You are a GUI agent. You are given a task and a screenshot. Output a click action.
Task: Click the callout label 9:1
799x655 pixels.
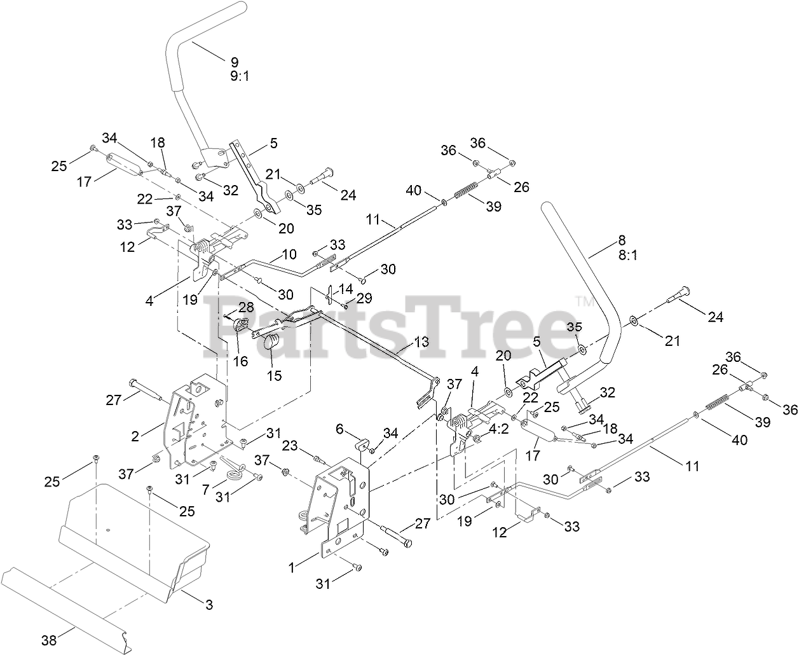[234, 75]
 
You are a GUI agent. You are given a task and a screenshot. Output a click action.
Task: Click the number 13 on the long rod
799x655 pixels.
[421, 341]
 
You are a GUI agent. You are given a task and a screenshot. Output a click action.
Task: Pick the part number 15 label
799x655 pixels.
[274, 375]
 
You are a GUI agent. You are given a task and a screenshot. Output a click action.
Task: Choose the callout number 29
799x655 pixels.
[364, 298]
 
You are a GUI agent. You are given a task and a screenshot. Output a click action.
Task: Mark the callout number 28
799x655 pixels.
[245, 308]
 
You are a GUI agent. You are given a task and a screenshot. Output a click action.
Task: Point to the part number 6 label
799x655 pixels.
[357, 430]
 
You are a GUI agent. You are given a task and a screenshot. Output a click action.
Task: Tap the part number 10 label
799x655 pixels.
[289, 254]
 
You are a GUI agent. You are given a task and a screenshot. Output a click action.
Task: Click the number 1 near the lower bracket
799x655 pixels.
[292, 567]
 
